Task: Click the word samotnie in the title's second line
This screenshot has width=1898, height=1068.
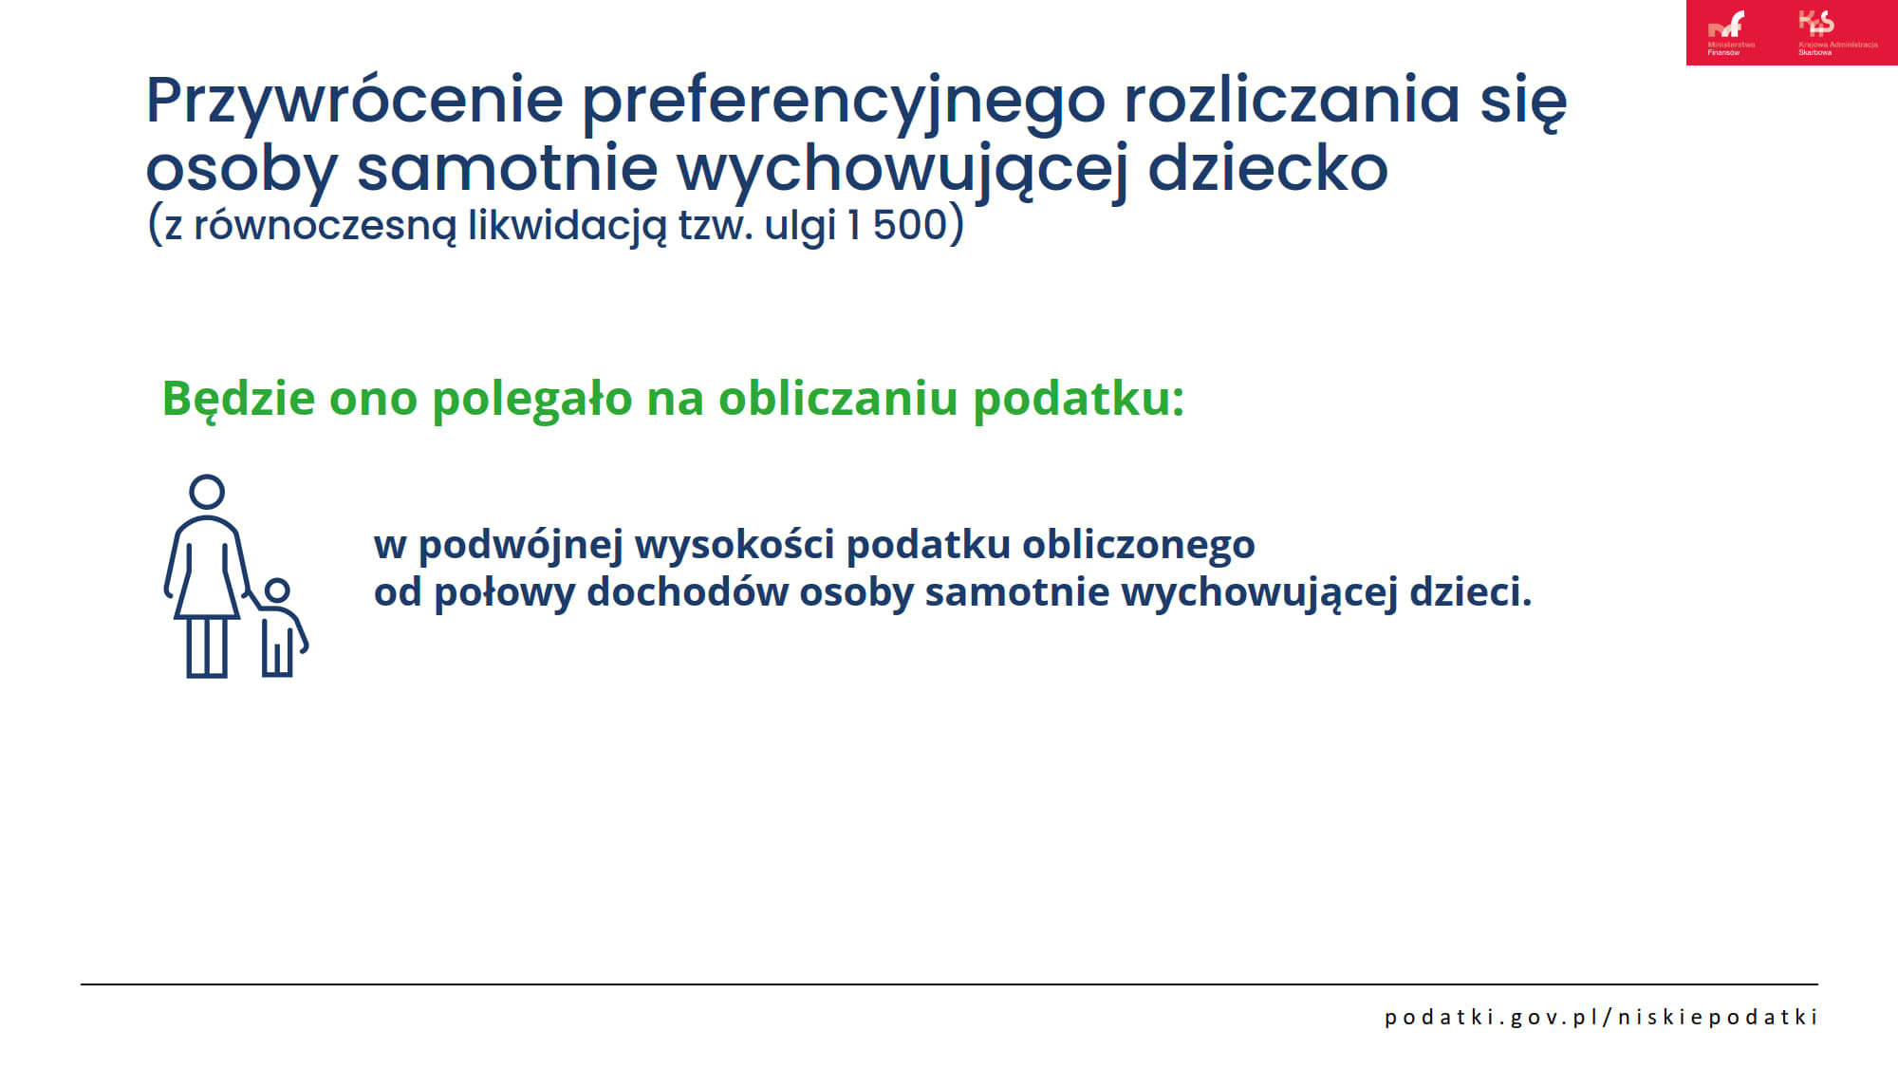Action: coord(507,168)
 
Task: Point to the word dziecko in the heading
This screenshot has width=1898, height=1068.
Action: coord(1268,168)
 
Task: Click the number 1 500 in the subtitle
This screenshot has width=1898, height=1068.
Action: coord(898,225)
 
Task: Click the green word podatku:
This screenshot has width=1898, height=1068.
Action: coord(1079,399)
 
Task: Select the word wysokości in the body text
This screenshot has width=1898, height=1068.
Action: coord(735,544)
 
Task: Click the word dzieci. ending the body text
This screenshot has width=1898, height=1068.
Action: coord(1470,591)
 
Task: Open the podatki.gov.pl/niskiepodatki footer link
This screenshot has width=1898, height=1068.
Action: coord(1601,1017)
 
